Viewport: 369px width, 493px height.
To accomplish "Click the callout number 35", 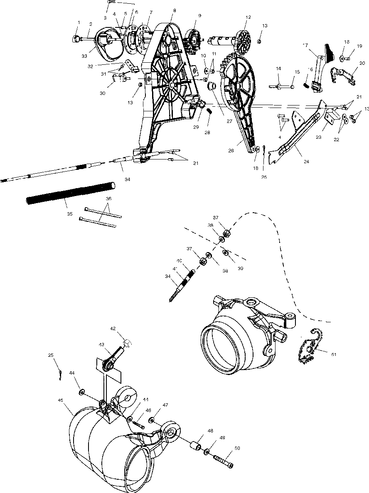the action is pos(70,214).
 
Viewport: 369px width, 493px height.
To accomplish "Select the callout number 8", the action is pos(175,10).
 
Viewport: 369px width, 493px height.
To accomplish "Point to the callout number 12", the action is pos(248,17).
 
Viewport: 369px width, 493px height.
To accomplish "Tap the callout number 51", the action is pos(334,354).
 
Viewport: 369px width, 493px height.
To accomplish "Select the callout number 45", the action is pos(60,400).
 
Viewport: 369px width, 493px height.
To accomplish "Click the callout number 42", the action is pos(113,329).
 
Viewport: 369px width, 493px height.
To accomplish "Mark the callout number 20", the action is pos(362,63).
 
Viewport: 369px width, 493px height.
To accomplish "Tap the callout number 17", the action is pos(305,45).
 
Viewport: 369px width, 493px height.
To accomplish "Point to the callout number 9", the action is pos(199,16).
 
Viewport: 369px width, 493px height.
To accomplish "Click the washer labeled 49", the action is pos(207,451).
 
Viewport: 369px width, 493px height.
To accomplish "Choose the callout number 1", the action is pos(77,22).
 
